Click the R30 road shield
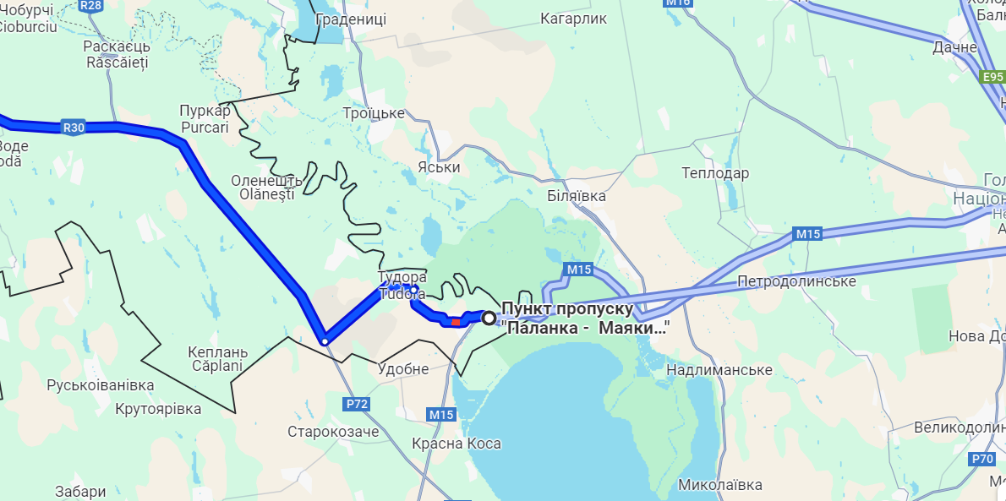pos(74,128)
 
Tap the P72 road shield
pos(357,404)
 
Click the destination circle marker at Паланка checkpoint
pos(489,317)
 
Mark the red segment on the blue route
pos(456,321)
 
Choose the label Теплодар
pos(715,173)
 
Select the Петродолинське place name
pos(796,280)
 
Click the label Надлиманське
pos(719,370)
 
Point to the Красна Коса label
pos(457,444)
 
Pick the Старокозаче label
pos(333,432)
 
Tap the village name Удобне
pos(403,369)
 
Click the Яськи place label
pos(439,167)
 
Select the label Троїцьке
pos(374,113)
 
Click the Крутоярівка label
pos(159,409)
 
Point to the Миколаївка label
pos(720,485)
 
